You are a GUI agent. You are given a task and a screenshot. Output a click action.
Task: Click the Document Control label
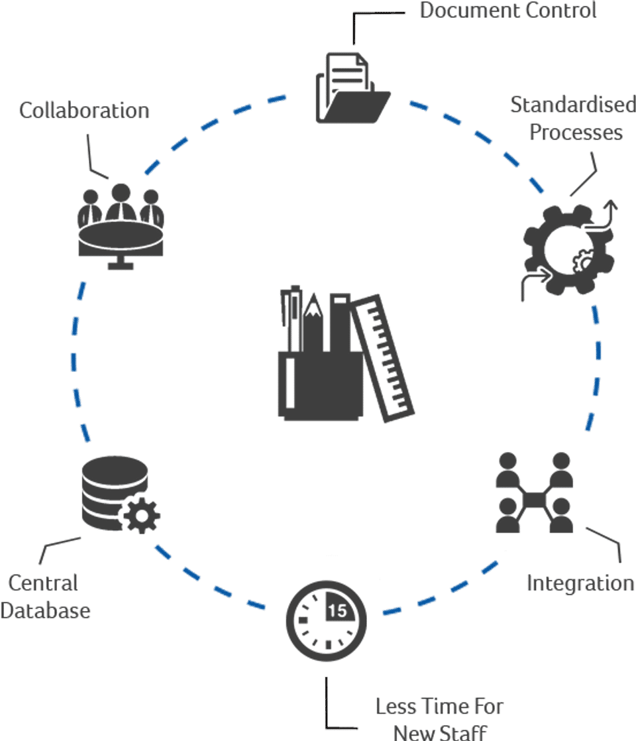(508, 11)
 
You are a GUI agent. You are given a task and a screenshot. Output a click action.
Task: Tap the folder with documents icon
(351, 89)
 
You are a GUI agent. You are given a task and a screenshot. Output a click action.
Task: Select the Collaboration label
(84, 110)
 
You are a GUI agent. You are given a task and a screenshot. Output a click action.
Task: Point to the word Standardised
(572, 105)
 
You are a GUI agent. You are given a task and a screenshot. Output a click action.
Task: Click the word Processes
(576, 133)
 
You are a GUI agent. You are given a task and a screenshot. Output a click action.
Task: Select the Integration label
(580, 583)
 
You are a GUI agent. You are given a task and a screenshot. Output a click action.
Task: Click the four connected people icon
(534, 493)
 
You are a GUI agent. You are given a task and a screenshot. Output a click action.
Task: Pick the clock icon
(326, 620)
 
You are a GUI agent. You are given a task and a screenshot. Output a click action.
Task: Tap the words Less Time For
(439, 706)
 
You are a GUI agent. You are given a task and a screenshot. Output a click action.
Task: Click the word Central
(43, 583)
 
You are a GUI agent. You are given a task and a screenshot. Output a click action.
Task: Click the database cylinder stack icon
(113, 490)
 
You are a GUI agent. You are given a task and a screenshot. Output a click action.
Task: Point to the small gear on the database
(142, 515)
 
